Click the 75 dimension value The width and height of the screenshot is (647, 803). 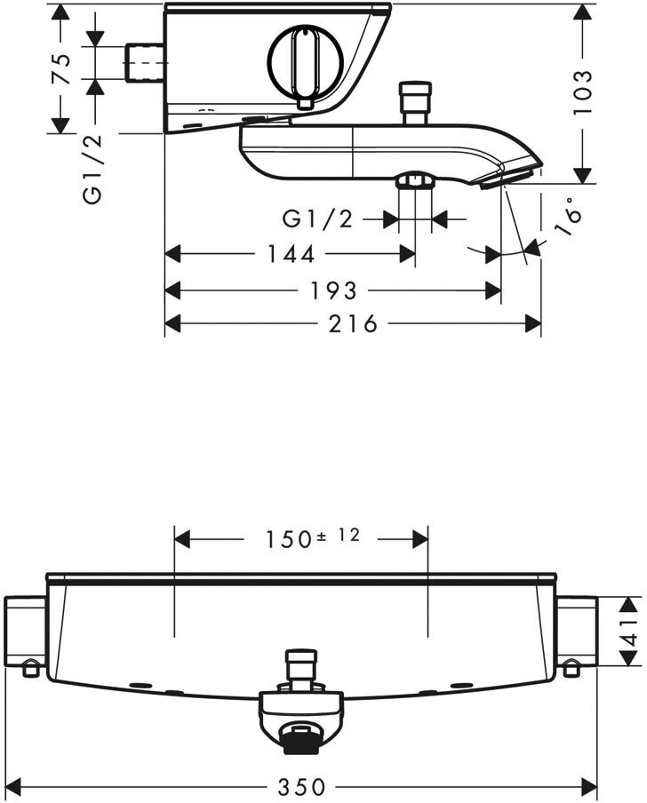(x=61, y=68)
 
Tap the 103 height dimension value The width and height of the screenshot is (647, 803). (x=582, y=92)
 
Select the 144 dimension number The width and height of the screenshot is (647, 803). (x=291, y=254)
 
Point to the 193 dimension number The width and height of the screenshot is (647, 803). (x=333, y=290)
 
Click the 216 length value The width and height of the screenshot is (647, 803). (x=353, y=323)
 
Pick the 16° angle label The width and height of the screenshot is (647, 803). (x=569, y=219)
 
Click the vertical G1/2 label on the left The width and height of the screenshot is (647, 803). (x=93, y=170)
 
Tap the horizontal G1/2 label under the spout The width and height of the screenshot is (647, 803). (x=318, y=219)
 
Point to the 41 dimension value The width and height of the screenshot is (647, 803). (x=631, y=631)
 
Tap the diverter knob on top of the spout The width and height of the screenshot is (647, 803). (x=415, y=102)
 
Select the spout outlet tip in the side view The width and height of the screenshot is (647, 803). (x=511, y=176)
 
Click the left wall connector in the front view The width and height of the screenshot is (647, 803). (x=26, y=636)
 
